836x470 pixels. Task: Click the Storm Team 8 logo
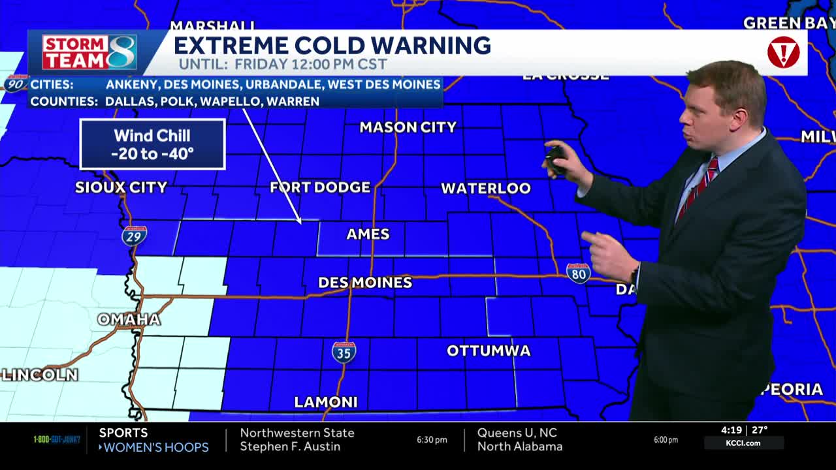click(89, 52)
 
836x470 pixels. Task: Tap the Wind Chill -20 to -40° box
click(153, 144)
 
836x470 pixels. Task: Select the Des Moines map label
click(365, 283)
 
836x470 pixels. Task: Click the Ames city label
click(368, 234)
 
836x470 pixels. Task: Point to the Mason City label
click(408, 127)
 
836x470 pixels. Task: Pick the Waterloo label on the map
click(486, 189)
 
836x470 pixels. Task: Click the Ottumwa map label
click(489, 351)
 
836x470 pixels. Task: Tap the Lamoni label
click(326, 402)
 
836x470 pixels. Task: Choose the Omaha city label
click(129, 319)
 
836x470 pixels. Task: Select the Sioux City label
click(121, 187)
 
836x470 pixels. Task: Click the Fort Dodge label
click(320, 187)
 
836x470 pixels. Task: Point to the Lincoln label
click(40, 375)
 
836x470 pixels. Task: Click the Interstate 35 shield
click(344, 352)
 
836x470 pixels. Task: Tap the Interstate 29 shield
click(134, 235)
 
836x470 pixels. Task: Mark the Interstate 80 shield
click(578, 273)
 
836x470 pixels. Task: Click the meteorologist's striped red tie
click(698, 189)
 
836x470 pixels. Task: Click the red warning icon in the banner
click(783, 53)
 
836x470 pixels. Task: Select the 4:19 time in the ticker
click(730, 430)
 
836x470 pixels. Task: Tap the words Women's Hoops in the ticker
click(156, 447)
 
